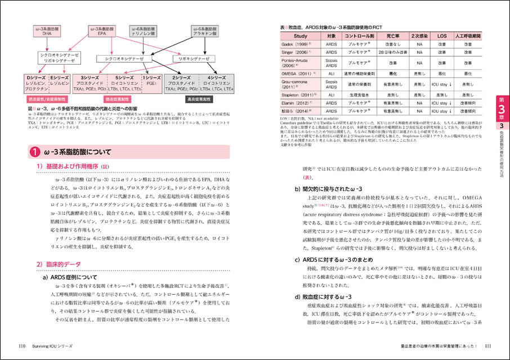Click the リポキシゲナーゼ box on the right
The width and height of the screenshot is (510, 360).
click(x=195, y=58)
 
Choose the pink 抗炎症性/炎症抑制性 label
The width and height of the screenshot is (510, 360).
click(x=46, y=98)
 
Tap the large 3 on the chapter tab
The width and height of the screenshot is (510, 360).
click(x=499, y=110)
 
